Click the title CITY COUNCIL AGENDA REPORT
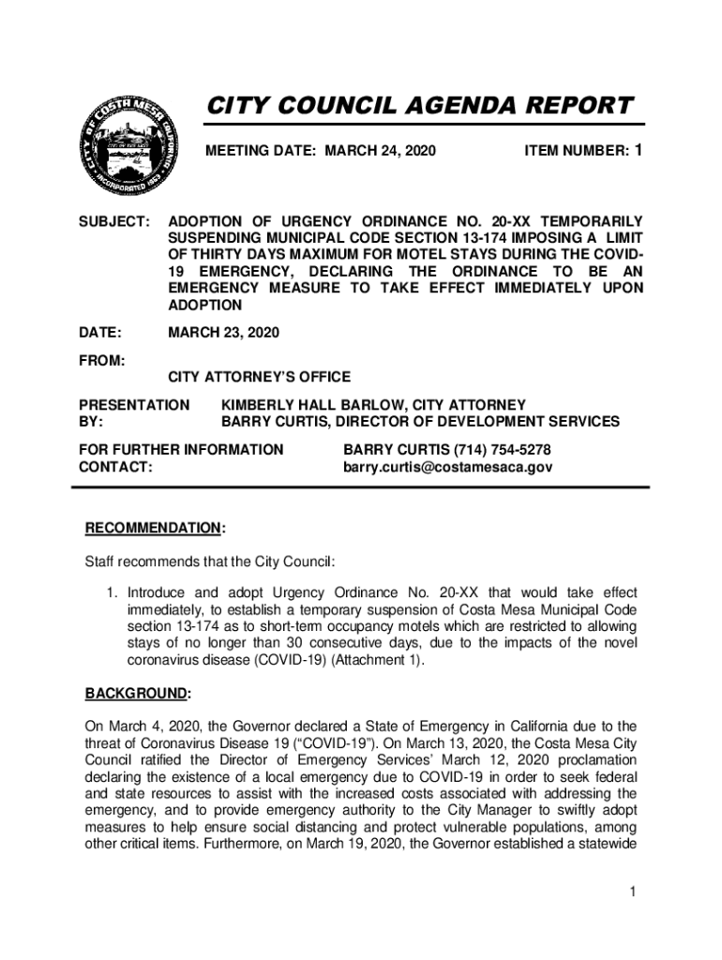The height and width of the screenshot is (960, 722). (419, 105)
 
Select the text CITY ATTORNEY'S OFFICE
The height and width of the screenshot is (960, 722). (259, 377)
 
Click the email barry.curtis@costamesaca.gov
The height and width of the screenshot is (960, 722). (447, 466)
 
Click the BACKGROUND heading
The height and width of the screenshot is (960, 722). (137, 694)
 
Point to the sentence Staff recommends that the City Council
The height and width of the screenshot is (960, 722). (210, 562)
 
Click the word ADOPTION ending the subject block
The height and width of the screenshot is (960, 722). (204, 306)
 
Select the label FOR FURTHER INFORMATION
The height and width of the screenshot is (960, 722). (181, 449)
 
